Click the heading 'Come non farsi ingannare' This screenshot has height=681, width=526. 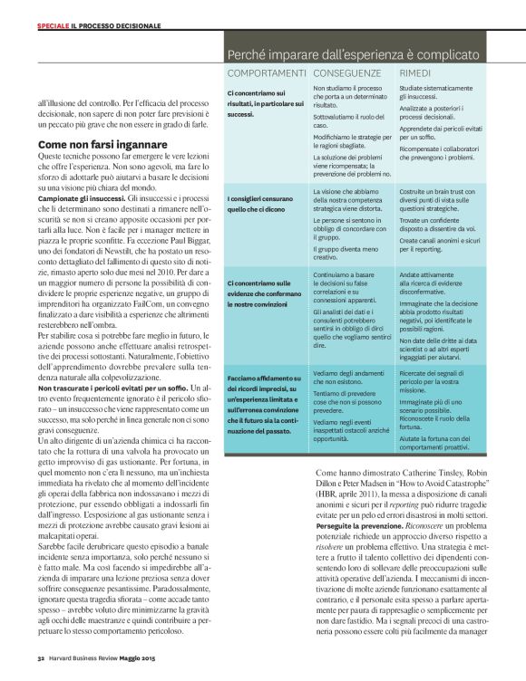click(x=102, y=144)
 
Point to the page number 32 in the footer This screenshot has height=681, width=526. click(x=41, y=657)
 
